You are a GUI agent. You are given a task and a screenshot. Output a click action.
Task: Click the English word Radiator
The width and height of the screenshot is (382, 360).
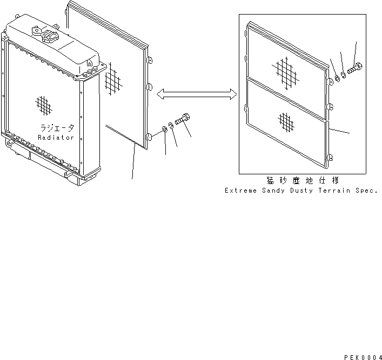56,138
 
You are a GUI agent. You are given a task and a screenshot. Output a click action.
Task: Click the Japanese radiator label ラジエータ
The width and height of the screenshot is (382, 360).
56,128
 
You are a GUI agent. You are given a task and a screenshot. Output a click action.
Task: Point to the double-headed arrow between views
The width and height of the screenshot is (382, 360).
196,95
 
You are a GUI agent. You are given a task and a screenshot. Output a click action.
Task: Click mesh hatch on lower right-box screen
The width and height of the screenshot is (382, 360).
285,122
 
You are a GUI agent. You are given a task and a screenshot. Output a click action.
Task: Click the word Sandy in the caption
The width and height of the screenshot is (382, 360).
269,191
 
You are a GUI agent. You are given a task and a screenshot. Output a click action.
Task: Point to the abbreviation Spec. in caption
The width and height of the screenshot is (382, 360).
364,191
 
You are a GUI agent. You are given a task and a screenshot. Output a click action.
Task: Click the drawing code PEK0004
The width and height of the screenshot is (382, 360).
361,357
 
